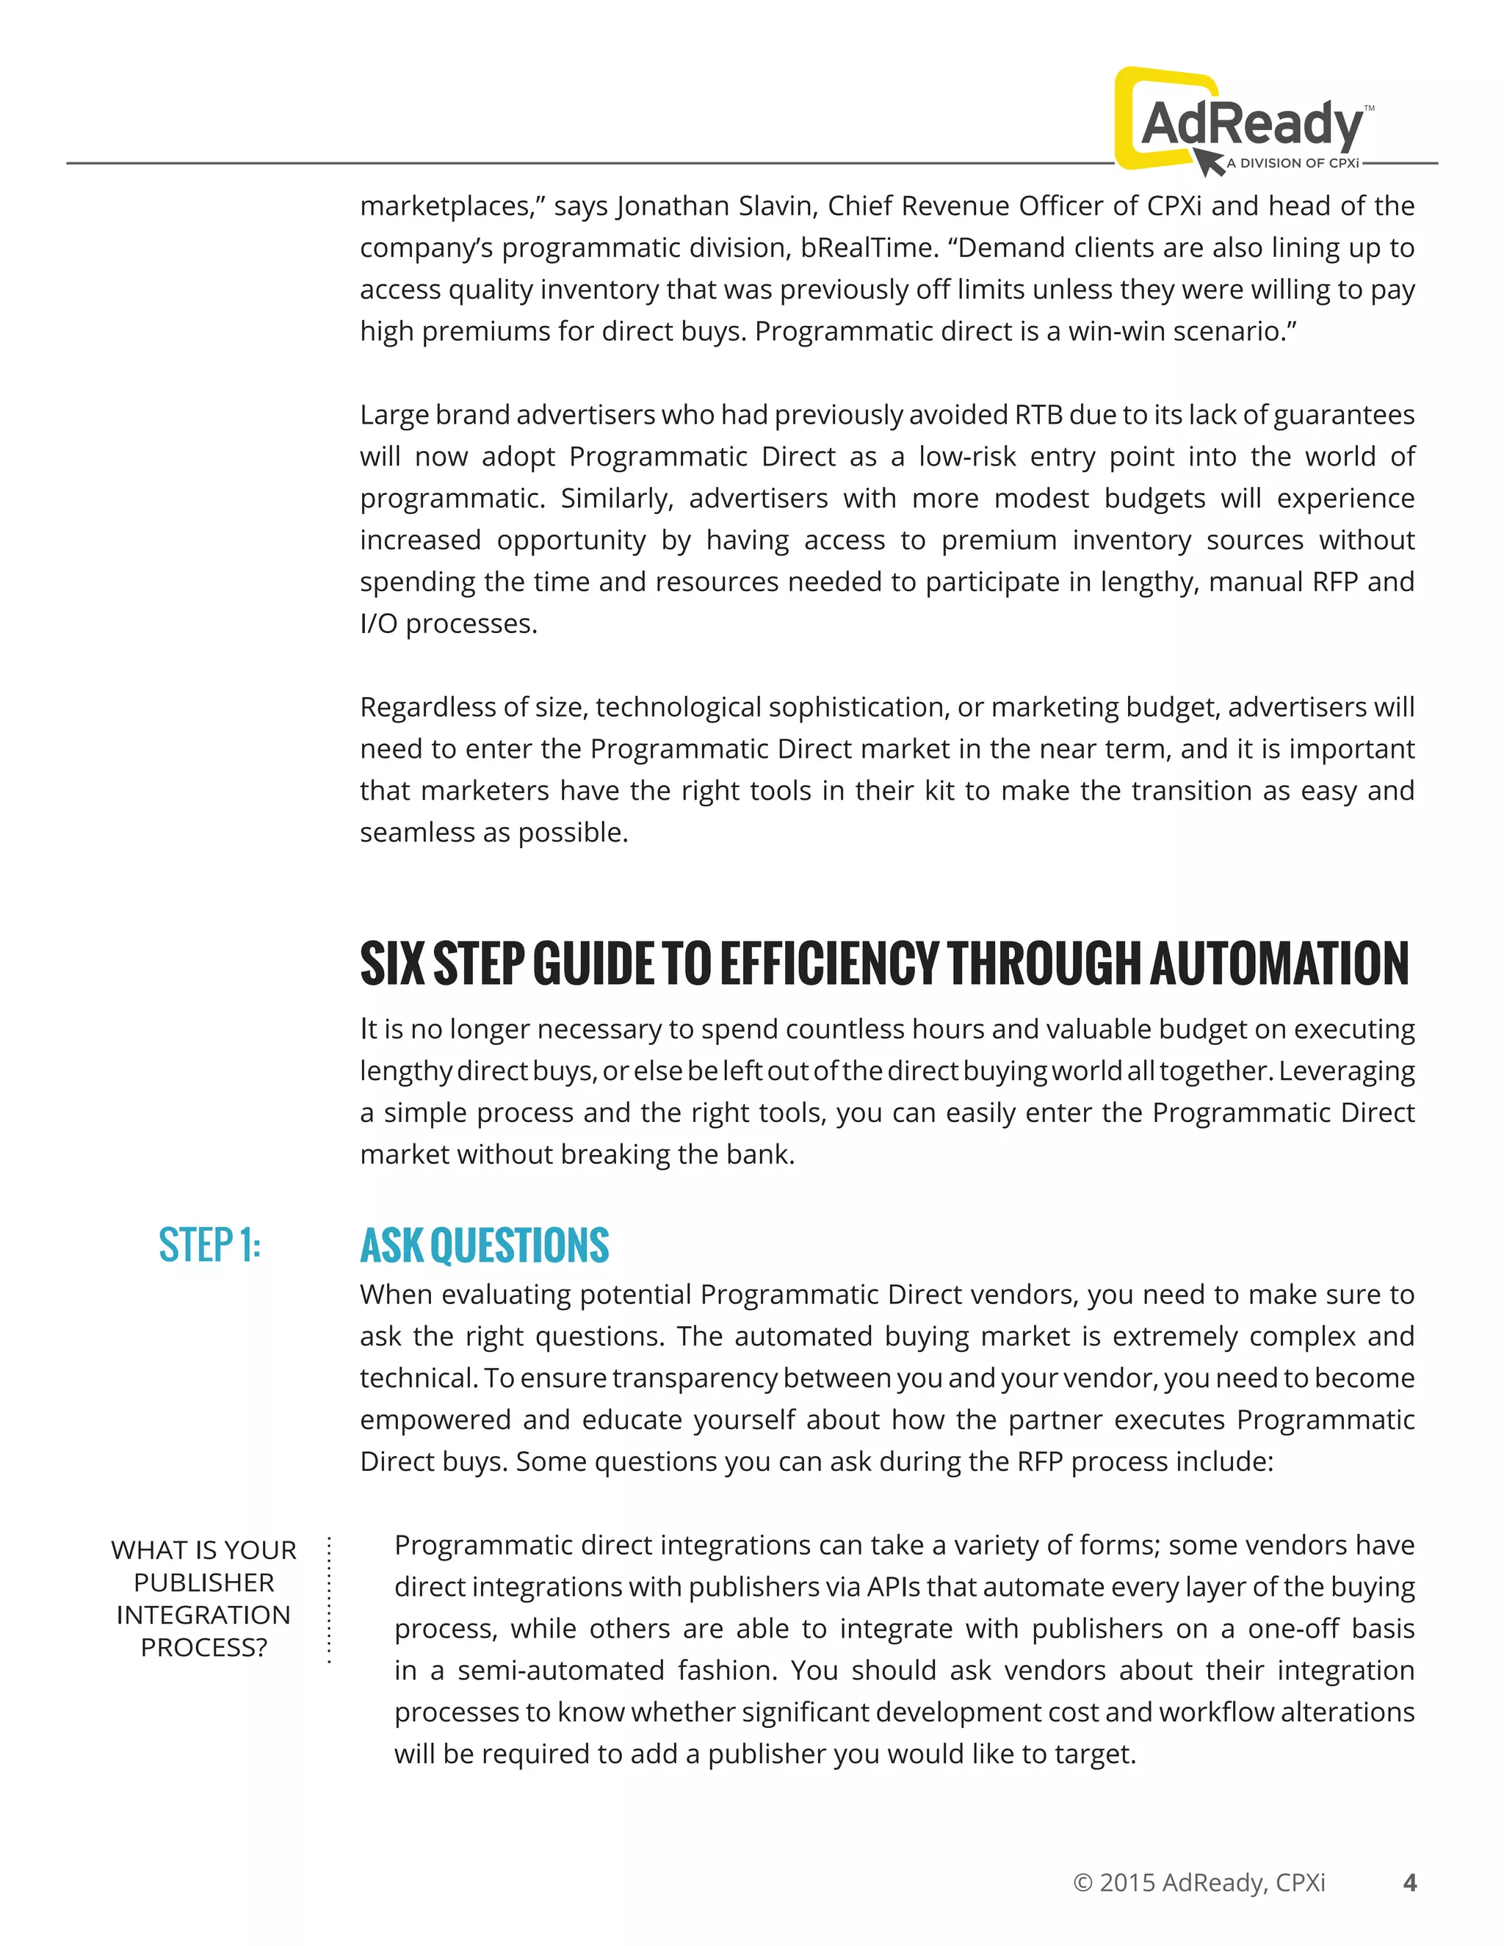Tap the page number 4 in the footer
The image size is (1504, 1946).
coord(1409,1882)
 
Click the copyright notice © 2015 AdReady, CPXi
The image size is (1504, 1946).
coord(1199,1883)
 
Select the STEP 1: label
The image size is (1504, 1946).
coord(209,1245)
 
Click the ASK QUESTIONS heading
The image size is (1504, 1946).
coord(484,1245)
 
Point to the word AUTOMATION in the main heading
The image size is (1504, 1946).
coord(1279,963)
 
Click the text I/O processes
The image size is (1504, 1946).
coord(448,623)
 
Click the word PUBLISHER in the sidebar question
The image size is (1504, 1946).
coord(204,1583)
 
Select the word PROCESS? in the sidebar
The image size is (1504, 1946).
coord(204,1648)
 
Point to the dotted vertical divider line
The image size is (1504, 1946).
coord(329,1599)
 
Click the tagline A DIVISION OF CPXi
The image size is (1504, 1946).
coord(1292,163)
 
